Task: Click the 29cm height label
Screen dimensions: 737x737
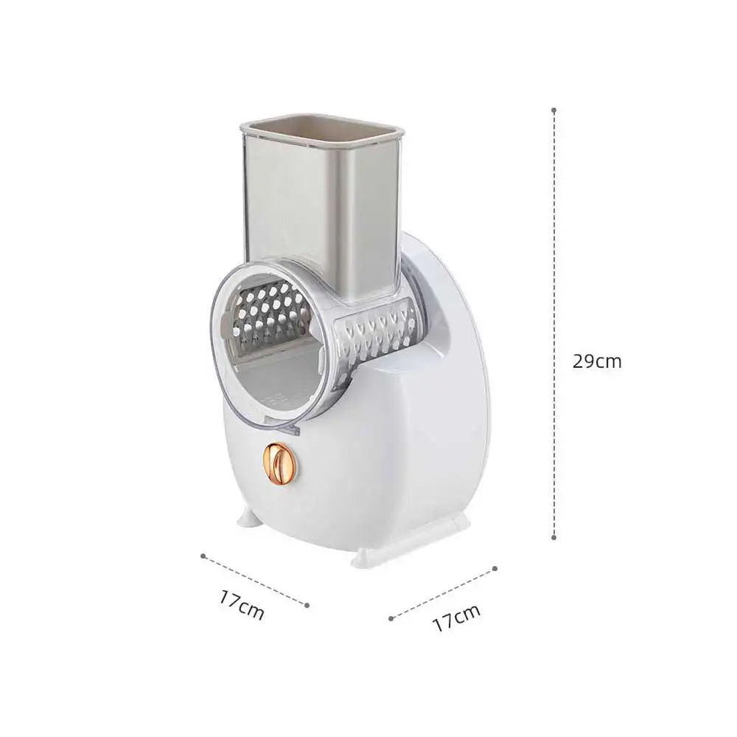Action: click(x=597, y=361)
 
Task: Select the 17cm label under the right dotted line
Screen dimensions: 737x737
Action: click(x=456, y=618)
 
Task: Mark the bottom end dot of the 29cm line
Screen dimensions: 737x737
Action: click(x=553, y=538)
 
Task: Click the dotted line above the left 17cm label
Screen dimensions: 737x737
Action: click(x=254, y=580)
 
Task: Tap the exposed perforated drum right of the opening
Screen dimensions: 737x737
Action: click(x=376, y=332)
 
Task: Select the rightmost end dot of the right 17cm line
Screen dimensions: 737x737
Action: click(x=495, y=567)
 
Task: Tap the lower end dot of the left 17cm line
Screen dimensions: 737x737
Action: click(x=306, y=604)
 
